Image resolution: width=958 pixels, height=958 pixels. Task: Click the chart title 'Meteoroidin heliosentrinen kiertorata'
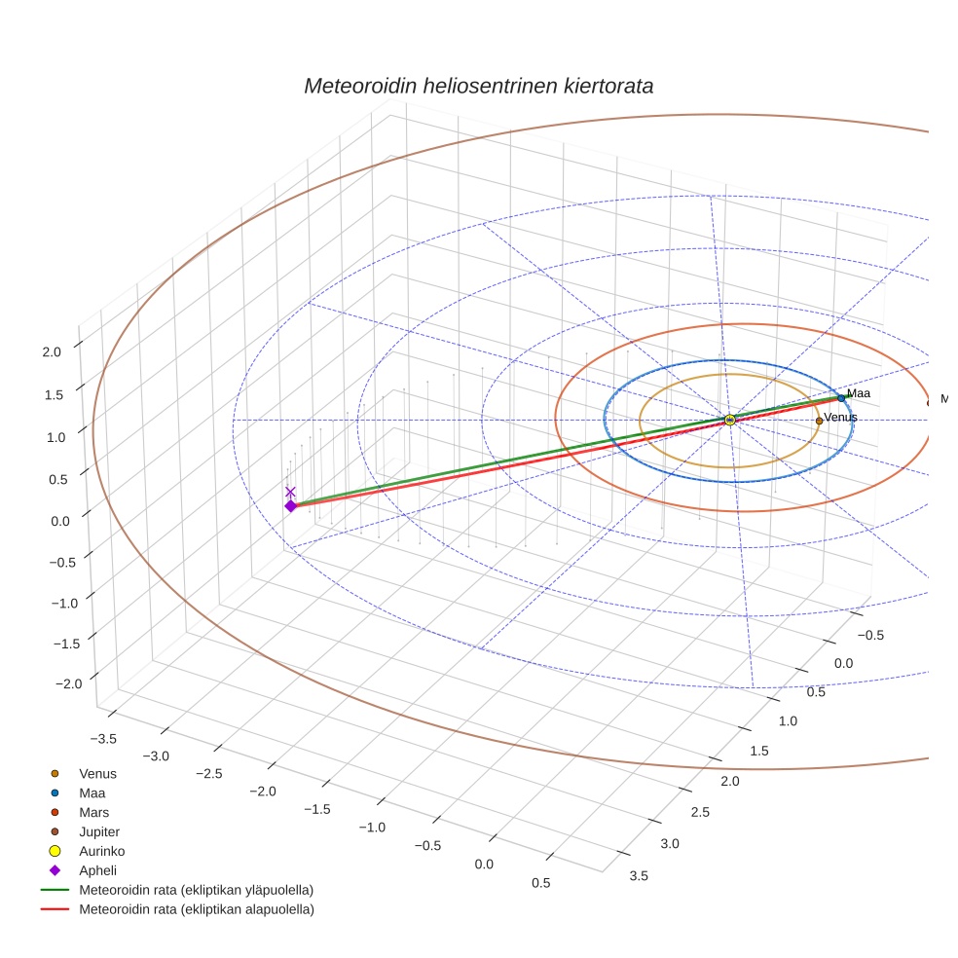point(478,86)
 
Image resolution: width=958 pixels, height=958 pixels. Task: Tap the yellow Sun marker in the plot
point(730,420)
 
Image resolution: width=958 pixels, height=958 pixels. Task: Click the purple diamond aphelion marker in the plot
point(290,506)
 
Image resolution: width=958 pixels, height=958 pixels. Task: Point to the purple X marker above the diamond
point(290,493)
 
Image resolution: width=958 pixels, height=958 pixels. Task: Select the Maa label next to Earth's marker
point(858,393)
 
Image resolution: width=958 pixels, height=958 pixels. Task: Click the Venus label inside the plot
point(840,418)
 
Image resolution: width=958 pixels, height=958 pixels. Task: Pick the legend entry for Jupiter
point(99,831)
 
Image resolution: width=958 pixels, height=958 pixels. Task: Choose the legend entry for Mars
point(93,812)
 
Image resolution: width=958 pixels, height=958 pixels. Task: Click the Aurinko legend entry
point(101,851)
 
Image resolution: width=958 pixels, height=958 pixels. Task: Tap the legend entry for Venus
point(97,774)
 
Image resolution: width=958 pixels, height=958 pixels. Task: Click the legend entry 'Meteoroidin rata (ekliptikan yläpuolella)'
point(196,890)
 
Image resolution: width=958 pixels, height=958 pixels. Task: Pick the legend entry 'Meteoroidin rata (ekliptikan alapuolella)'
point(196,909)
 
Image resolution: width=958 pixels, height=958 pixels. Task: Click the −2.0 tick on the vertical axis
point(68,684)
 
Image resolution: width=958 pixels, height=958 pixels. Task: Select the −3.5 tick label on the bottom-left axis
point(102,739)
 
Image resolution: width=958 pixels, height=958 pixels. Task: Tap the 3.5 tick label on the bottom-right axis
point(640,875)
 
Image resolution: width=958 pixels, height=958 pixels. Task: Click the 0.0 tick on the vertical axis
point(60,521)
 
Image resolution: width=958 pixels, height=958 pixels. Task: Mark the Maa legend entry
point(92,793)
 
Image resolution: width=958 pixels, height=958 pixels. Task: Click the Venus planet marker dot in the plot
point(819,421)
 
